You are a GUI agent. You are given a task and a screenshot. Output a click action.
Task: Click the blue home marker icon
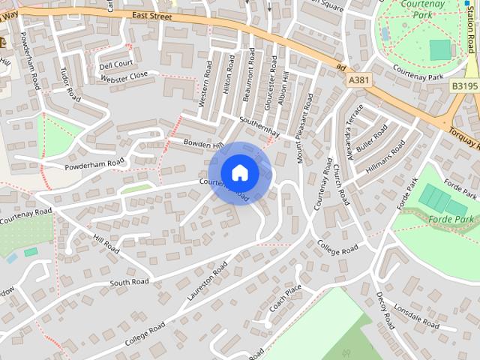point(239,172)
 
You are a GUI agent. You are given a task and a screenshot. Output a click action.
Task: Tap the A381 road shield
point(358,79)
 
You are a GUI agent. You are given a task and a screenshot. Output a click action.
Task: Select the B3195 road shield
point(464,86)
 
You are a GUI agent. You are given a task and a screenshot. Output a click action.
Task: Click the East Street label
point(151,15)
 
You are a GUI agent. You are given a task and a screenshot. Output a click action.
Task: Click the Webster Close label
point(124,76)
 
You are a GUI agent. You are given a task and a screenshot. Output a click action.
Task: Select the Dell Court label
point(115,64)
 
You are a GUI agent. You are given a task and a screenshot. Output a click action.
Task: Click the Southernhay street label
point(259,127)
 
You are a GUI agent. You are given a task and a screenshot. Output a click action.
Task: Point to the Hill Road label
point(106,242)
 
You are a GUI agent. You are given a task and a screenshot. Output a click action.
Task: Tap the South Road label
point(129,282)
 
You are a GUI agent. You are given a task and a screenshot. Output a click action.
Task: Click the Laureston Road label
point(207,281)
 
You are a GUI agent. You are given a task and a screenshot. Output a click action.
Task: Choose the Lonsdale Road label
point(420,318)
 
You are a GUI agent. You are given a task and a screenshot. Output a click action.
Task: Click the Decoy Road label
point(385,310)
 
